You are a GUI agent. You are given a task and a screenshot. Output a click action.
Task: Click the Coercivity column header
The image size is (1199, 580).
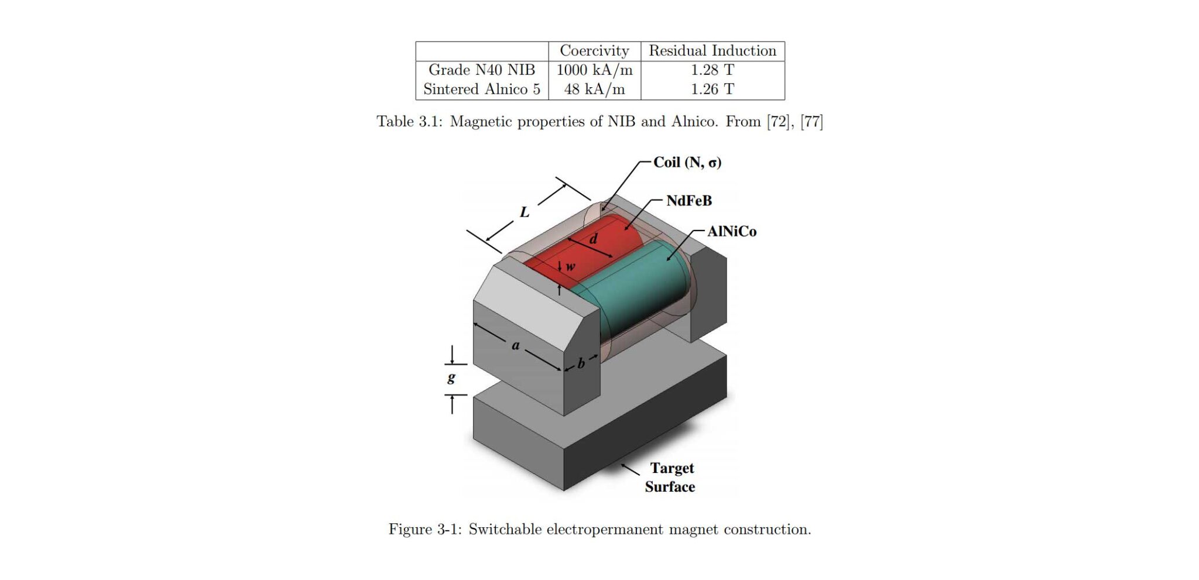[594, 51]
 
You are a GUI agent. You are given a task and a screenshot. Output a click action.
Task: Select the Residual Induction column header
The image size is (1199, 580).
[712, 51]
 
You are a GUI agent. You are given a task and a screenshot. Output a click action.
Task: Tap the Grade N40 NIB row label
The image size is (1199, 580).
[482, 70]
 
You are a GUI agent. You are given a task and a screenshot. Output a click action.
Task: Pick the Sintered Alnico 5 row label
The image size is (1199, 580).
[482, 89]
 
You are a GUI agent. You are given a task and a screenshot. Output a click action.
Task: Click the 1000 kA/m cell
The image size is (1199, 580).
[594, 70]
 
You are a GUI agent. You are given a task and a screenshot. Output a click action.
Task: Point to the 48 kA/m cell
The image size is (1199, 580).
[594, 90]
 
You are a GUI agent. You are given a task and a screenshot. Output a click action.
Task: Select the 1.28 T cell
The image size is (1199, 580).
[712, 70]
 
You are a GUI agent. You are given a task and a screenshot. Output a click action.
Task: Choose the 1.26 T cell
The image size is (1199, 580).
[712, 89]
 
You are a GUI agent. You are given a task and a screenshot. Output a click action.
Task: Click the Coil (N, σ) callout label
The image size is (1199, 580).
[687, 163]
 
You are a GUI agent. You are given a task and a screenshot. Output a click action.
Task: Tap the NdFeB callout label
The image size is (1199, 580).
[689, 201]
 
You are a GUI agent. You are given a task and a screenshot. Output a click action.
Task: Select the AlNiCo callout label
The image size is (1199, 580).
[732, 232]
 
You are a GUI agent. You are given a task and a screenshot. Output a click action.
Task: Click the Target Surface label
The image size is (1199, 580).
[671, 478]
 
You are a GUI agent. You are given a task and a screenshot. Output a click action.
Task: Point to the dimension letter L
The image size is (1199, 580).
[525, 212]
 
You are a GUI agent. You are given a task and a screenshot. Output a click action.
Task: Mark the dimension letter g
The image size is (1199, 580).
[451, 377]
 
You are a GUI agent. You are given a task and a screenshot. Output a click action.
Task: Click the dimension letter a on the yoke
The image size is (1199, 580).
[516, 346]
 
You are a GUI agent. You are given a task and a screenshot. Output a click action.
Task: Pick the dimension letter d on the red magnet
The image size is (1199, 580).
[593, 239]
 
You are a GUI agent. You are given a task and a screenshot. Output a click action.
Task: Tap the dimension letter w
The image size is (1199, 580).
[570, 267]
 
